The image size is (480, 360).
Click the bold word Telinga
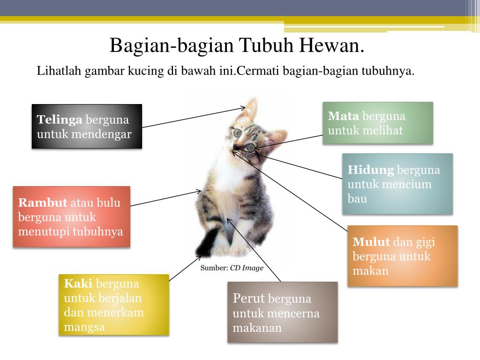tap(60, 120)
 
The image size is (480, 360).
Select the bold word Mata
tap(344, 116)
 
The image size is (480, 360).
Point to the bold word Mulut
tap(371, 242)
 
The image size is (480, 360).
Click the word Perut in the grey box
tap(249, 299)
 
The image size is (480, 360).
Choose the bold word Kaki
tap(78, 283)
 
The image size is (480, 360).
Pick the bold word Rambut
tap(43, 203)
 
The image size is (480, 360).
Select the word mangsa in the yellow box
tap(84, 327)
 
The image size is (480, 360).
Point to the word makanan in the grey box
tap(257, 328)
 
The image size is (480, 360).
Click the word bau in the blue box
tap(357, 199)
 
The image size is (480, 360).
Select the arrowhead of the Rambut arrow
tap(199, 191)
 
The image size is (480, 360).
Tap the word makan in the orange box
tap(370, 271)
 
